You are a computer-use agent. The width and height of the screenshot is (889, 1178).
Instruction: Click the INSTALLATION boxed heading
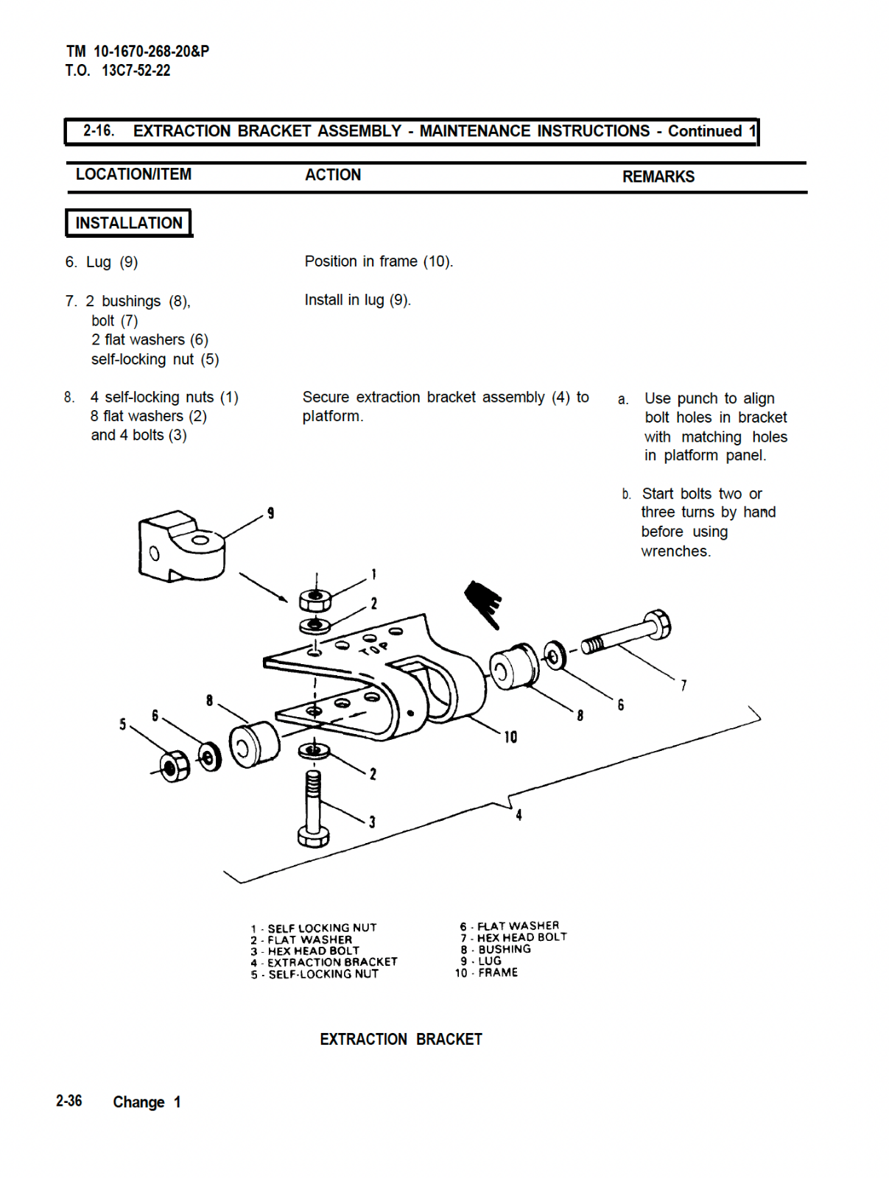click(129, 223)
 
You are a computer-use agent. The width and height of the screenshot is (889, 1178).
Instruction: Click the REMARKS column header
click(658, 177)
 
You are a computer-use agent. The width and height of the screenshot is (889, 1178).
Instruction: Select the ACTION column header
click(333, 175)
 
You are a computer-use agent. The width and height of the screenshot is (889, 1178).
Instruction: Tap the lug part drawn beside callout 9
click(180, 547)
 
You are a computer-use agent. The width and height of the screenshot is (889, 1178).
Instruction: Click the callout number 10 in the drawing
click(510, 737)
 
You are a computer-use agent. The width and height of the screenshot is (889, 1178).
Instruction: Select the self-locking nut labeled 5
click(174, 766)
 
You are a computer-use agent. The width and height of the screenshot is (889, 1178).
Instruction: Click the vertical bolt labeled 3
click(314, 810)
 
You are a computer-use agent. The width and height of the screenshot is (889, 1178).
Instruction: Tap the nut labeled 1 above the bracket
click(315, 599)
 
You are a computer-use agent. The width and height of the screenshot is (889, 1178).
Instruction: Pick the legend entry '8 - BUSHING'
click(496, 949)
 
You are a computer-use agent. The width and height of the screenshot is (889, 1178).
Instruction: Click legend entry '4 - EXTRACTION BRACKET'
click(324, 962)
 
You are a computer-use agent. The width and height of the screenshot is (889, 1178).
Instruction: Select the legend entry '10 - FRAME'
click(486, 973)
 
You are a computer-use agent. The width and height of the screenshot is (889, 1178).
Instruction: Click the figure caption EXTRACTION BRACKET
click(401, 1040)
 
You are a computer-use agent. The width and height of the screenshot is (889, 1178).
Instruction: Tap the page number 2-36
click(68, 1101)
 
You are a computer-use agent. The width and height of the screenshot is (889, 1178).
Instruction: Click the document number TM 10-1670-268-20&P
click(138, 52)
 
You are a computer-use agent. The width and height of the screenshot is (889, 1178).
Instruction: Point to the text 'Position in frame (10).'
click(379, 261)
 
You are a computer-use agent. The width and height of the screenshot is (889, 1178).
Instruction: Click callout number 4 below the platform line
click(519, 815)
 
